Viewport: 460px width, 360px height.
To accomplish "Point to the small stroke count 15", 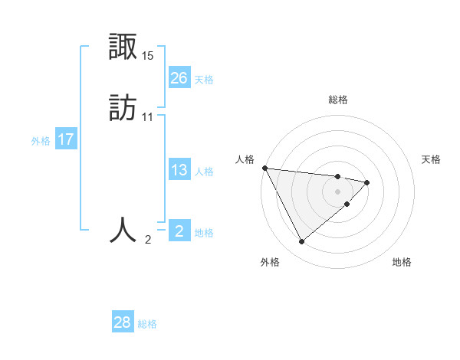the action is [148, 56].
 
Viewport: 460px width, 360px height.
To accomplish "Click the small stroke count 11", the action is [148, 117].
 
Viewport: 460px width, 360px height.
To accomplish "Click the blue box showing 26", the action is [179, 77].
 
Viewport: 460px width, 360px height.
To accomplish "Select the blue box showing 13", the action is [179, 170].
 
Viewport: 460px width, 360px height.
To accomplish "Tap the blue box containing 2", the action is [179, 231].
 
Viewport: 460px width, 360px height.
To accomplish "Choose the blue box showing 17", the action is [66, 139].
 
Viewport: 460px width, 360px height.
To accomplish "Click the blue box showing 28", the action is [123, 322].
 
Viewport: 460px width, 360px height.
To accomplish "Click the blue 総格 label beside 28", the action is [147, 324].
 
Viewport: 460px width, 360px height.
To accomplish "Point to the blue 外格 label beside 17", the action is [41, 141].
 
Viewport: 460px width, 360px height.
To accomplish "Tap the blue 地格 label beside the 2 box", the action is [204, 233].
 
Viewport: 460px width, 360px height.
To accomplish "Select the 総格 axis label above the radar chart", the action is [338, 100].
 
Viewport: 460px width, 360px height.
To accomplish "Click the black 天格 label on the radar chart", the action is [432, 159].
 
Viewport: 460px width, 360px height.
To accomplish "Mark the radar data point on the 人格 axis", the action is [264, 168].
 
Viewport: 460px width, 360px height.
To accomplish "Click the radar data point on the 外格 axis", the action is [301, 242].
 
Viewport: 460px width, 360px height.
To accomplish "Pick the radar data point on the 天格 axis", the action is [367, 182].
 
